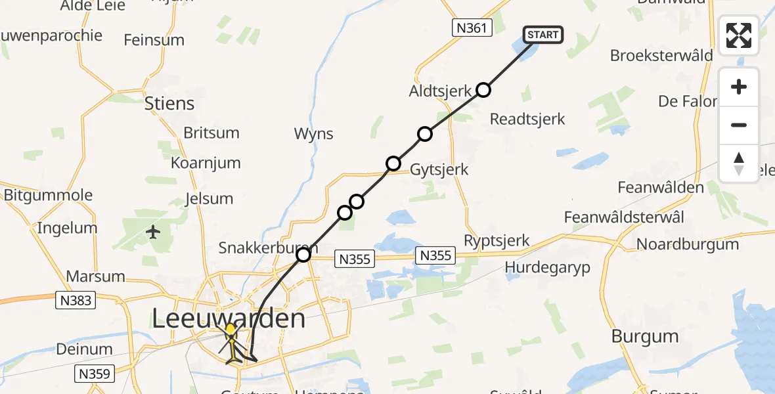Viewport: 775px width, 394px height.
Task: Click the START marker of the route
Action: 542,35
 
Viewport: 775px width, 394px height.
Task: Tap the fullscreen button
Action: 739,35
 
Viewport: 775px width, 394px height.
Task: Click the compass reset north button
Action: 739,164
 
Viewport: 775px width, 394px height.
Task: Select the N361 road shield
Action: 472,28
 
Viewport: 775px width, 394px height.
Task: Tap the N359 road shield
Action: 95,374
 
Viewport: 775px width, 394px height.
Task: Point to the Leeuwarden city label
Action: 229,319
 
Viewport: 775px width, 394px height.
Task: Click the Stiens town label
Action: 169,104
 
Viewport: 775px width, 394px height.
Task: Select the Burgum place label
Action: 644,336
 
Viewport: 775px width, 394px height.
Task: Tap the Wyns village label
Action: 314,134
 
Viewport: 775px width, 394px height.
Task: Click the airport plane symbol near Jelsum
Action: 153,232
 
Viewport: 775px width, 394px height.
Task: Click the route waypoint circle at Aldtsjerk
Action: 483,90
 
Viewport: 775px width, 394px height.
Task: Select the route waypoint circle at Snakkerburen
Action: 303,254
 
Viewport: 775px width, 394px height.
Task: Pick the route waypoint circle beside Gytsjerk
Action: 393,163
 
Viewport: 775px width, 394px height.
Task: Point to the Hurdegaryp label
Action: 548,267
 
